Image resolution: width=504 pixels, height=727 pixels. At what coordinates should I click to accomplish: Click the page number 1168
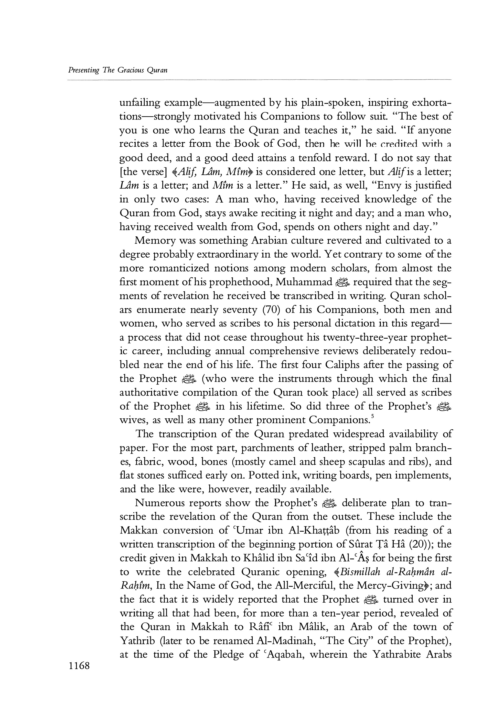click(x=79, y=666)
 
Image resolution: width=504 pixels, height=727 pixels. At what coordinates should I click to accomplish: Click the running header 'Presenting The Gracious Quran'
click(x=118, y=70)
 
